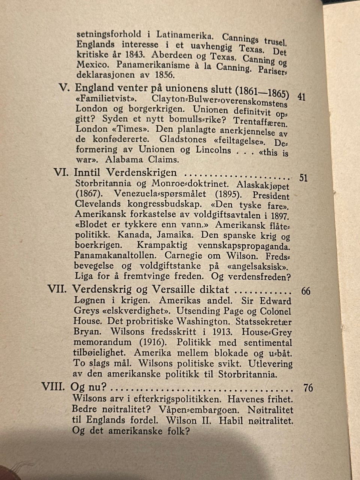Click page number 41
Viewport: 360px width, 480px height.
301,97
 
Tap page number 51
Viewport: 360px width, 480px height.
303,178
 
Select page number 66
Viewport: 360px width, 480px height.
306,291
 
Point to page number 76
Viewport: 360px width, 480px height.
308,388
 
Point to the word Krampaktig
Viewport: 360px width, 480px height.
162,245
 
